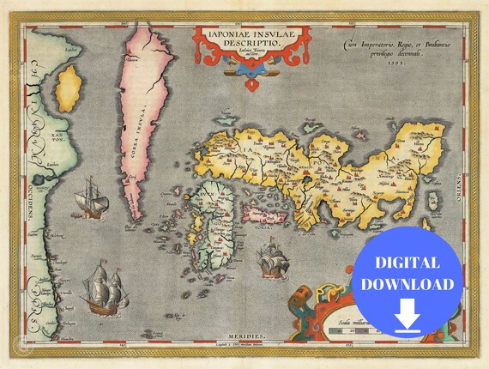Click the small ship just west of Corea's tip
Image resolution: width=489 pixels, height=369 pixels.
click(91, 200)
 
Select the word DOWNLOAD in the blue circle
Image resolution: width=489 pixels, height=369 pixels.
click(407, 283)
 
